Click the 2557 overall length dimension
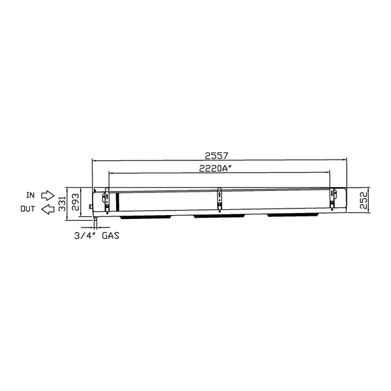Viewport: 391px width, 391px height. (216, 156)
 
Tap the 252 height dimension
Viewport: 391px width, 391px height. (364, 200)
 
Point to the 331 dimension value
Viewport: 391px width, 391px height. (62, 203)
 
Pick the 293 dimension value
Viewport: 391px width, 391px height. (76, 201)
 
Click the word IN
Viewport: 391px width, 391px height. (31, 195)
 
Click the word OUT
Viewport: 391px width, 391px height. (27, 209)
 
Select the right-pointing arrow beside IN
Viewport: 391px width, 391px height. (48, 195)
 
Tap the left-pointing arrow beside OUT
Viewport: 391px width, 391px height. (48, 209)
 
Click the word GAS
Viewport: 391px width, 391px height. (111, 235)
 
